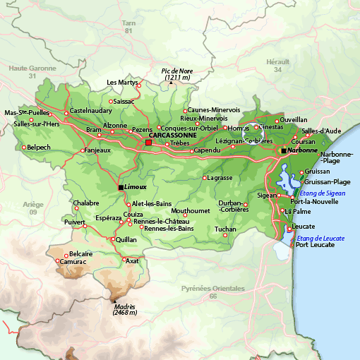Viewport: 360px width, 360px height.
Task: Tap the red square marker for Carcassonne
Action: [x=148, y=143]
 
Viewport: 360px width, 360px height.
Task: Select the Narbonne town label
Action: [x=303, y=150]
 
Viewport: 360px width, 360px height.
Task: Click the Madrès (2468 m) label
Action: [x=124, y=309]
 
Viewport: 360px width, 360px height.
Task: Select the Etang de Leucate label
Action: [x=321, y=239]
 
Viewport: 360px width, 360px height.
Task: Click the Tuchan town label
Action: [x=225, y=229]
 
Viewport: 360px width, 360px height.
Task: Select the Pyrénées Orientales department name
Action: [x=213, y=289]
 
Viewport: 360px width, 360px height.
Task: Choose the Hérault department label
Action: [x=277, y=62]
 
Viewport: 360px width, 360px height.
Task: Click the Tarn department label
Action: [x=128, y=23]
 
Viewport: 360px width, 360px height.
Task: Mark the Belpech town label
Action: [x=37, y=148]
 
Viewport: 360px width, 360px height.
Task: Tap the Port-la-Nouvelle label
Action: [x=318, y=201]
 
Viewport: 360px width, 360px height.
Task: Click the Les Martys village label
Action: [x=121, y=83]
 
